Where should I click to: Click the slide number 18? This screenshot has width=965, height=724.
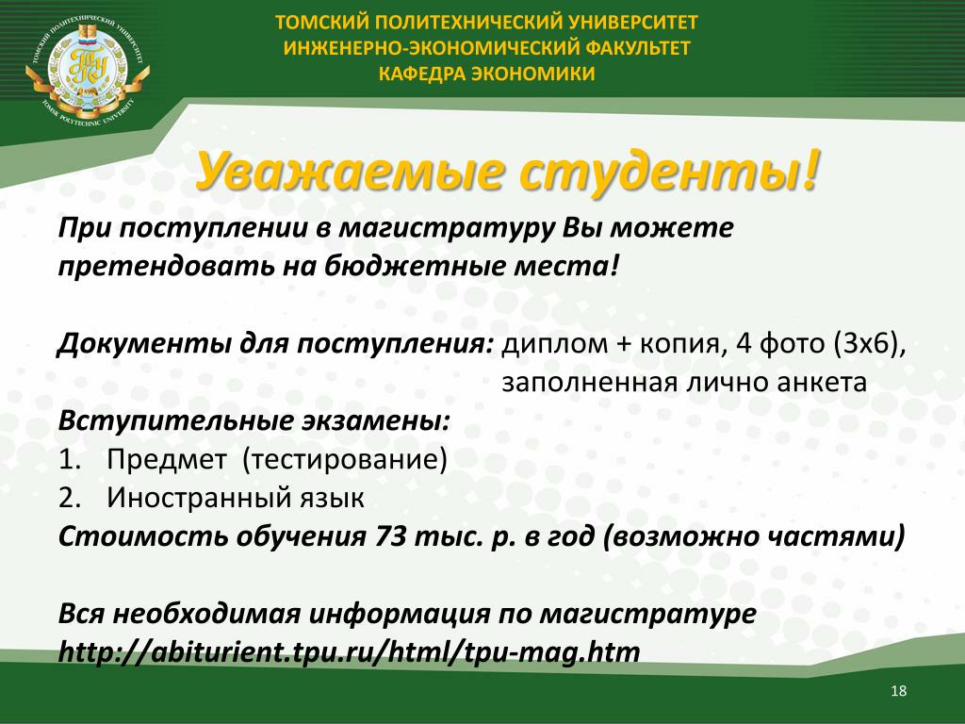tap(898, 691)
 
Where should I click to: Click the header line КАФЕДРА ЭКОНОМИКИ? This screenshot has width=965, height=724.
tap(486, 74)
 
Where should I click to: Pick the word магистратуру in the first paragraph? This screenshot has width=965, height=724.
tap(447, 229)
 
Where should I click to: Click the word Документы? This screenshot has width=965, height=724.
tap(144, 343)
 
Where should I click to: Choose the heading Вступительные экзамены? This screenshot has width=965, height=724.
tap(254, 421)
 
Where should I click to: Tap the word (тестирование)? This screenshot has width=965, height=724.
tap(345, 460)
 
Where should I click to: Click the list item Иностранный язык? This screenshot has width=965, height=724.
tap(235, 498)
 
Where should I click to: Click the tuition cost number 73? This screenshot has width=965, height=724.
tap(390, 536)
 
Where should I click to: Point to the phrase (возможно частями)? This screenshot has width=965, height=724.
tap(754, 536)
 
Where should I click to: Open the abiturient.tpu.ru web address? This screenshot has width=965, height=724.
tap(349, 652)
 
